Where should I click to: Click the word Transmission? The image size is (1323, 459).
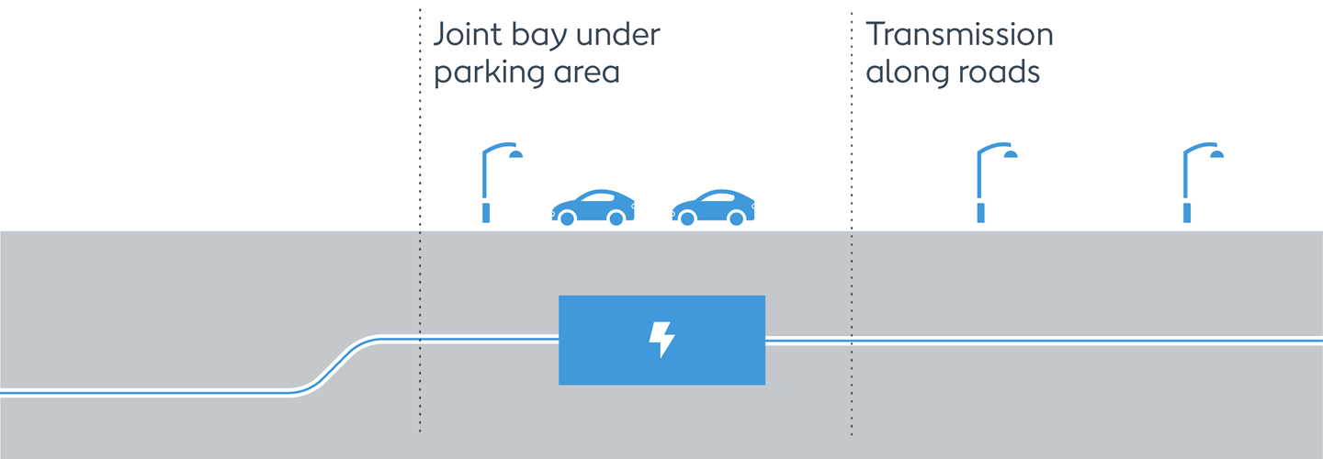tap(959, 35)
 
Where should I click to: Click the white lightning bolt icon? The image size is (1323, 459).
tap(661, 340)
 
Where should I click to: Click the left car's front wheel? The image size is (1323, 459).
tap(568, 218)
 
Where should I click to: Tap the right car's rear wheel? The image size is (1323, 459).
tap(737, 218)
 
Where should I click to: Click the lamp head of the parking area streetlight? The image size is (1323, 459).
tap(515, 153)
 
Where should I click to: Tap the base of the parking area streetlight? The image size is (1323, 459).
tap(486, 214)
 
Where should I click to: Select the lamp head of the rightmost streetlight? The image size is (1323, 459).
tap(1217, 153)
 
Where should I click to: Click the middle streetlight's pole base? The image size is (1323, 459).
tap(981, 214)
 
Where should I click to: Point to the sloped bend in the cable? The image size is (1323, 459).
tap(335, 366)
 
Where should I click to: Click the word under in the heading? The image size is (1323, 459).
tap(626, 36)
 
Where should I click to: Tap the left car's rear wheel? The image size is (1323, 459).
tap(616, 218)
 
